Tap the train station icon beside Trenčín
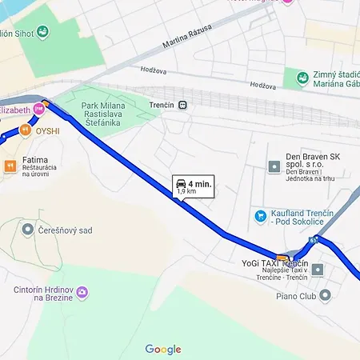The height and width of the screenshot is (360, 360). click(184, 105)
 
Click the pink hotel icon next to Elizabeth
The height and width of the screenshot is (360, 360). click(38, 108)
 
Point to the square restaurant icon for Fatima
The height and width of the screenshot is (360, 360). click(10, 166)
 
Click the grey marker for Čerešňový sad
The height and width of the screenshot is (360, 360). click(28, 230)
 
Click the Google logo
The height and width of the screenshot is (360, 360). click(163, 349)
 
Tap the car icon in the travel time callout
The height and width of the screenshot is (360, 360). click(181, 184)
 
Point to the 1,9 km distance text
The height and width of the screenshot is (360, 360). click(186, 192)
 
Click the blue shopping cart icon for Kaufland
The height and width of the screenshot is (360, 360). click(260, 216)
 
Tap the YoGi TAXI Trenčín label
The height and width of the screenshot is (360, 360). click(274, 263)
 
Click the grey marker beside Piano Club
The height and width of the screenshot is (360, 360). click(318, 270)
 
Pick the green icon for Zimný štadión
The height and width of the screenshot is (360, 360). click(302, 78)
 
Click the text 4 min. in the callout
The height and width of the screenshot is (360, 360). click(199, 184)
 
